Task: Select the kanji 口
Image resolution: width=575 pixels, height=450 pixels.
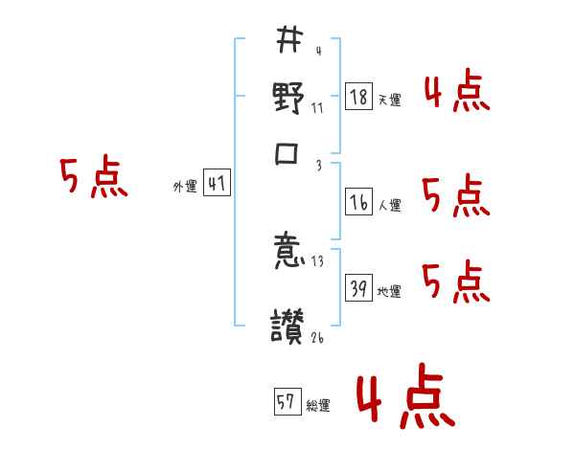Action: [288, 156]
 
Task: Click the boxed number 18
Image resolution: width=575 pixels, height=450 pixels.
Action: [358, 97]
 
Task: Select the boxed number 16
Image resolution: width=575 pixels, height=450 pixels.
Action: [358, 202]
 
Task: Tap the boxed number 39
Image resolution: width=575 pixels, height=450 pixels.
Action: [358, 290]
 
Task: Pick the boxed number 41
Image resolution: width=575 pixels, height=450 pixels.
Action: [217, 185]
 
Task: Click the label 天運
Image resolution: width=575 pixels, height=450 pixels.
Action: [389, 100]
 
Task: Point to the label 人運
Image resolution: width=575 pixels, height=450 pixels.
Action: [389, 205]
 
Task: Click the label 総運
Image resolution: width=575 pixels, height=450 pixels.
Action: [318, 406]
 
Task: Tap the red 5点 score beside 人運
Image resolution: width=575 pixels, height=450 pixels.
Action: [456, 196]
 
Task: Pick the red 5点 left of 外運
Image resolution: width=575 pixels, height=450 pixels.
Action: [94, 179]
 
